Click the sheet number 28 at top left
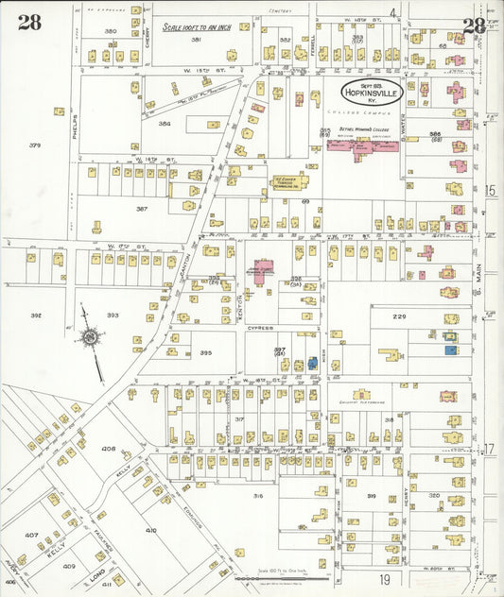click(28, 24)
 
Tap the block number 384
click(165, 124)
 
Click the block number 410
click(151, 530)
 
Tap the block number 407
click(31, 535)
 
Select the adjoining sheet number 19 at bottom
click(385, 578)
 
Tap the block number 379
click(36, 145)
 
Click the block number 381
click(197, 40)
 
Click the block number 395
click(205, 352)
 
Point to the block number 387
click(142, 208)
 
